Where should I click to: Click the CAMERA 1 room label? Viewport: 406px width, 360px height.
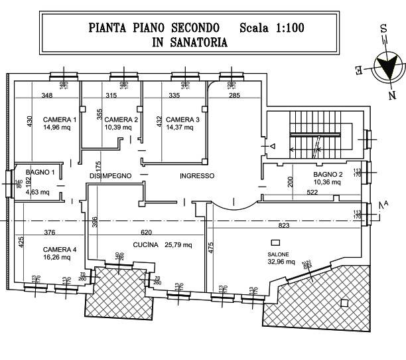60,120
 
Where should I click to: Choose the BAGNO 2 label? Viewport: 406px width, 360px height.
328,175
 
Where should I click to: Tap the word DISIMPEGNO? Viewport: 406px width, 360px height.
110,175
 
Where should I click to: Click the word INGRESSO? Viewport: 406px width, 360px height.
197,175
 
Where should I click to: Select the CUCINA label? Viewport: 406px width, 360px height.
145,245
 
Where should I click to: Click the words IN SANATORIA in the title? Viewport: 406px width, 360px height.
190,42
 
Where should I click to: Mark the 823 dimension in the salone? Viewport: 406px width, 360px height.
284,226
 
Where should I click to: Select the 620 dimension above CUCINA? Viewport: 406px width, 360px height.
147,232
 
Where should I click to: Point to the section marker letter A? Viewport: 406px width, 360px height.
385,203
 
